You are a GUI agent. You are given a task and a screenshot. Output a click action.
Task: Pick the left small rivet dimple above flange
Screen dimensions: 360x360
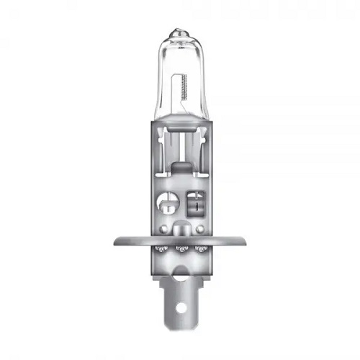click(163, 228)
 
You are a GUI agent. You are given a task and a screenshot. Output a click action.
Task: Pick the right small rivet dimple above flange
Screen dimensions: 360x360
click(197, 228)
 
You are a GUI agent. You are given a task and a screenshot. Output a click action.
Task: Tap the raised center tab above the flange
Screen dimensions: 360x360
click(180, 229)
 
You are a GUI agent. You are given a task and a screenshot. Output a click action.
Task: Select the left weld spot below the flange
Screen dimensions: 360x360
click(159, 251)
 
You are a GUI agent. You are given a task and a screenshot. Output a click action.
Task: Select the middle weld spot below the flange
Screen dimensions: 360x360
click(180, 251)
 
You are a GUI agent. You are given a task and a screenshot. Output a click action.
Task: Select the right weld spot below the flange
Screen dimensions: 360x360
click(201, 251)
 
